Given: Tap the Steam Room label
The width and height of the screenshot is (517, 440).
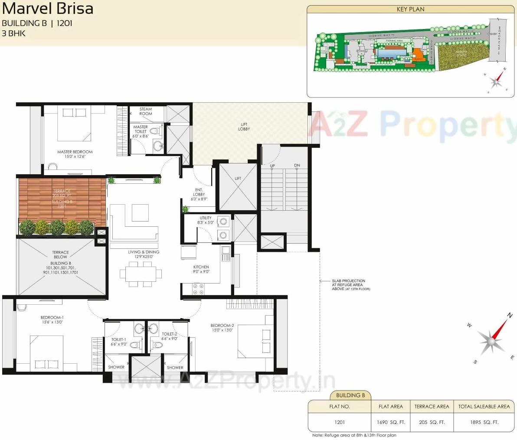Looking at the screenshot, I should click(x=146, y=111).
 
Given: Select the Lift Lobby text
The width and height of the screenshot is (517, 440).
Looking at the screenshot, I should click(x=244, y=127).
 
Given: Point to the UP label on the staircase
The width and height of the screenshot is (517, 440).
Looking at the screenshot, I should click(x=272, y=166).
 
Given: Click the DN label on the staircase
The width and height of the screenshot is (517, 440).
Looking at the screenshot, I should click(x=297, y=166).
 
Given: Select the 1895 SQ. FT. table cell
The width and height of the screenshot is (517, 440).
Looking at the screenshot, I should click(x=484, y=422).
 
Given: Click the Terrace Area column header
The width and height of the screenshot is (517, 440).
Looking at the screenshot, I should click(x=432, y=406).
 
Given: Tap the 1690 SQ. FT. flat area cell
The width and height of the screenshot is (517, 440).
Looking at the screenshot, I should click(x=391, y=422).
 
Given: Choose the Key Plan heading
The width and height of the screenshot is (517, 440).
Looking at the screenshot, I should click(x=410, y=9).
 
